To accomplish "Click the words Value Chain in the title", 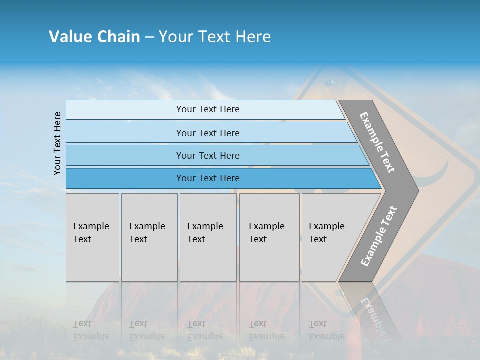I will point(94,37).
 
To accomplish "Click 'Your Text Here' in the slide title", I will point(215,37).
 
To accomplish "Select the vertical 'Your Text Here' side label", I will point(57,143).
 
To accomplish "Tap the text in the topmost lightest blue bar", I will point(208,109).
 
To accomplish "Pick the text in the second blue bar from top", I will point(208,133).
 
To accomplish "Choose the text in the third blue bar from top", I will point(208,156).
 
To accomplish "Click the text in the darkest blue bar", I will point(208,178).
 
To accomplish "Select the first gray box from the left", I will point(92,237).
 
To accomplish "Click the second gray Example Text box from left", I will point(149,237).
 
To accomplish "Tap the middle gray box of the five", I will point(208,237).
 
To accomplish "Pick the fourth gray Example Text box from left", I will point(269,237).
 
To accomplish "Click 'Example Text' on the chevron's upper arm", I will point(377,142).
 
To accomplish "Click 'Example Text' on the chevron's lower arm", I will point(379,236).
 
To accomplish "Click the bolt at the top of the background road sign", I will point(329,81).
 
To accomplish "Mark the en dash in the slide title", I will point(149,37).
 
